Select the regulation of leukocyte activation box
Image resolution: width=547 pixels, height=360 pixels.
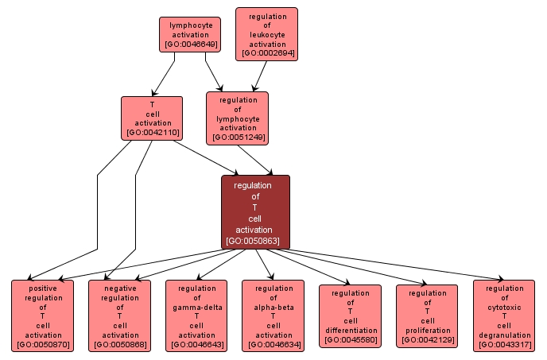pos(266,34)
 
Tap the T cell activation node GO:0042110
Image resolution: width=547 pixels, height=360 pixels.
pos(152,118)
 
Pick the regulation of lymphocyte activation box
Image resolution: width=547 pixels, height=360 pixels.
pos(237,118)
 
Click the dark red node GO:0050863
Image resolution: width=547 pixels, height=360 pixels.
pos(255,211)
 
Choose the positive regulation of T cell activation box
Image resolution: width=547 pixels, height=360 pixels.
pos(42,315)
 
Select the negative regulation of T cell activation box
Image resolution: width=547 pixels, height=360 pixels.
pos(119,315)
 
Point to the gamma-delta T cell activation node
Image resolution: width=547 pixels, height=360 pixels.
pos(196,315)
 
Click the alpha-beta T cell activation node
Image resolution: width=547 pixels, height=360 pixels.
pos(273,315)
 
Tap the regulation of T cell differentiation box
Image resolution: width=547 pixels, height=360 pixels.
pos(350,315)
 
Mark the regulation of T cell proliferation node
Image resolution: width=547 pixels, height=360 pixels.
pos(427,315)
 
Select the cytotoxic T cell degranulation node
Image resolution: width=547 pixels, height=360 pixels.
pos(504,315)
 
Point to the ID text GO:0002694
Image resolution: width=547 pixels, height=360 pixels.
pos(266,54)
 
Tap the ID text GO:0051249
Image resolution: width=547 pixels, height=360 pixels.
pos(237,137)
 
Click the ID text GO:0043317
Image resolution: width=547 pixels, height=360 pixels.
pos(504,344)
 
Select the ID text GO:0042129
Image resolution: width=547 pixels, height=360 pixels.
pos(427,340)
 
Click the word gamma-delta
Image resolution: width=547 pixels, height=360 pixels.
pos(196,307)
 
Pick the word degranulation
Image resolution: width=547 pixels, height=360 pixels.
pos(504,335)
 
